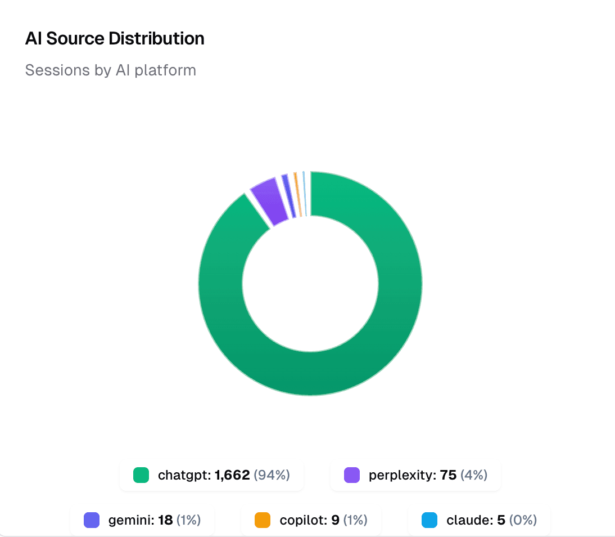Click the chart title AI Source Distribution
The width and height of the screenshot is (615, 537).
tap(115, 39)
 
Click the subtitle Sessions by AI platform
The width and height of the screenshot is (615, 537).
tap(111, 70)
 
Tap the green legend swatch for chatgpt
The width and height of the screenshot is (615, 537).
tap(141, 475)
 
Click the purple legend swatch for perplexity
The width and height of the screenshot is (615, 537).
tap(351, 475)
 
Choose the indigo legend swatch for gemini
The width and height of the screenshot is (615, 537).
tap(91, 520)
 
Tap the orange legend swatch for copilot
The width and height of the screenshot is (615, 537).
tap(262, 520)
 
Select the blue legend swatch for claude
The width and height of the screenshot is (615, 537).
tap(429, 520)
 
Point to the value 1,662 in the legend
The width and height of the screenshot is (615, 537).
tap(232, 475)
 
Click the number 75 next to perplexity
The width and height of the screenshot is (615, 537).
tap(448, 475)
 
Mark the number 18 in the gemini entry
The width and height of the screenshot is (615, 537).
tap(165, 520)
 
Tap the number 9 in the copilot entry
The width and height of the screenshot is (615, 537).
tap(335, 520)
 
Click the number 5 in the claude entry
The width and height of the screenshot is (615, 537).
tap(501, 520)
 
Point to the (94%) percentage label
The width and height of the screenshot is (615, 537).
tap(272, 475)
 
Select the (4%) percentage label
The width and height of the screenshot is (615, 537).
tap(474, 475)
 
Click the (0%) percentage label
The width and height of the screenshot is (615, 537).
tap(523, 520)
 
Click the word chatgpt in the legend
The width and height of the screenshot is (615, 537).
tap(184, 475)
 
